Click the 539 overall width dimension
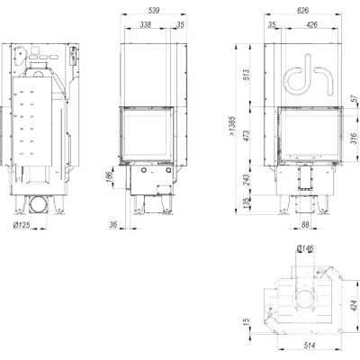154,10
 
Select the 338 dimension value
146,24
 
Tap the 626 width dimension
302,10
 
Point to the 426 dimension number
312,24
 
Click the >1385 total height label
232,126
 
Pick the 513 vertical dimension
246,75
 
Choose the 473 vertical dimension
246,136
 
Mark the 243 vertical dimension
246,180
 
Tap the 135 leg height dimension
246,203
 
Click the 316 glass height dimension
354,139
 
